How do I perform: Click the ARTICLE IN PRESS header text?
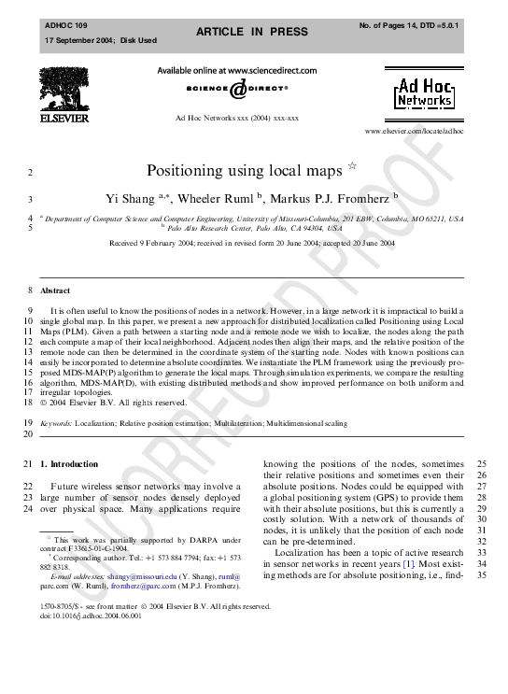pos(251,32)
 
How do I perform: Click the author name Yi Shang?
pos(129,199)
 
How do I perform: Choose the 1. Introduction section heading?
pos(69,463)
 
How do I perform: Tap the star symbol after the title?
pos(352,165)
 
